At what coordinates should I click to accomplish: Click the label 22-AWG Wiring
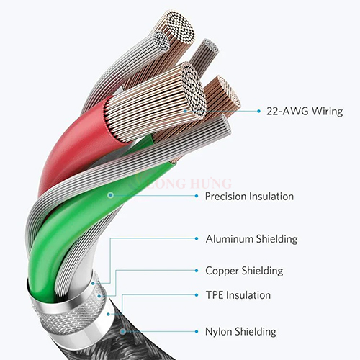point(305,112)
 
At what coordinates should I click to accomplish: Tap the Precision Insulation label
point(249,197)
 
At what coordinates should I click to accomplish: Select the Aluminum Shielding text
point(251,239)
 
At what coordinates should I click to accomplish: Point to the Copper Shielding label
point(244,271)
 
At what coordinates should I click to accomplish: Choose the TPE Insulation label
point(238,295)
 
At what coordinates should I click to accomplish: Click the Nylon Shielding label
point(240,332)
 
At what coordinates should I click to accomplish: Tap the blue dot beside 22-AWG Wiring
point(258,111)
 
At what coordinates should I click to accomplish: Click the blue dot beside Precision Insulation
point(197,196)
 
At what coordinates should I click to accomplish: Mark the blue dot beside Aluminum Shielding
point(197,238)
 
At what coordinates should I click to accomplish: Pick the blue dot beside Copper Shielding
point(197,271)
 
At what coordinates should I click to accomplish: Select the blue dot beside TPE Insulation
point(197,295)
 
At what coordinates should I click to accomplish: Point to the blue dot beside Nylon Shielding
point(197,331)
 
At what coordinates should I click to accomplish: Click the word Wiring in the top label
point(328,112)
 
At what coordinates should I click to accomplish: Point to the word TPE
point(215,295)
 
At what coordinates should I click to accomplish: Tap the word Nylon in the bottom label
point(218,332)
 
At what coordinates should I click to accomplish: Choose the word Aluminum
point(230,239)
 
